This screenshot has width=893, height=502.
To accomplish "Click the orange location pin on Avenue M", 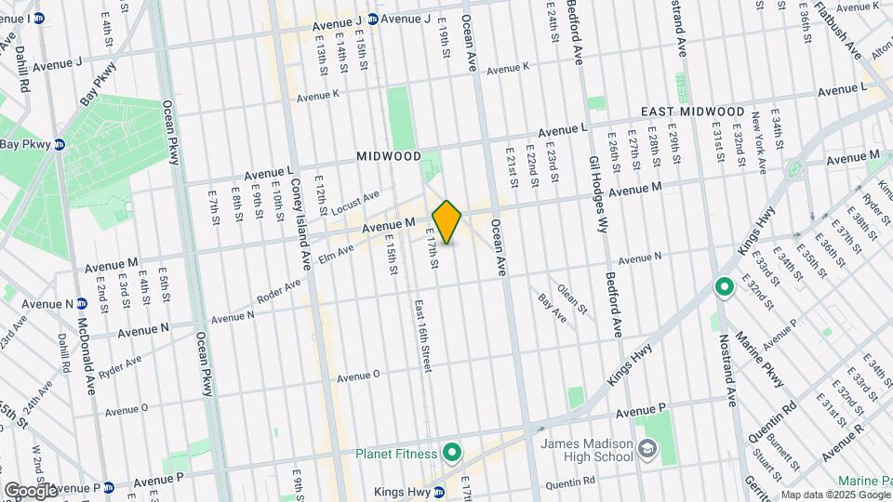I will click(x=447, y=222).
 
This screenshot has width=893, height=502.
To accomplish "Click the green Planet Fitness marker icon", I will click(x=452, y=453).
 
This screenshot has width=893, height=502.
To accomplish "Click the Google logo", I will click(x=31, y=490).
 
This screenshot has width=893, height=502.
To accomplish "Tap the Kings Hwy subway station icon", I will click(x=466, y=491).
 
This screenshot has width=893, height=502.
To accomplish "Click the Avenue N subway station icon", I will click(x=82, y=304).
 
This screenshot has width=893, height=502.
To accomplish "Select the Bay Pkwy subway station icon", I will click(x=59, y=144).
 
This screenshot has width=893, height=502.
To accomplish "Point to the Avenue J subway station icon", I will click(x=372, y=19).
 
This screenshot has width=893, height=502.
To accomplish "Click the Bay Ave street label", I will click(x=553, y=309).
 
